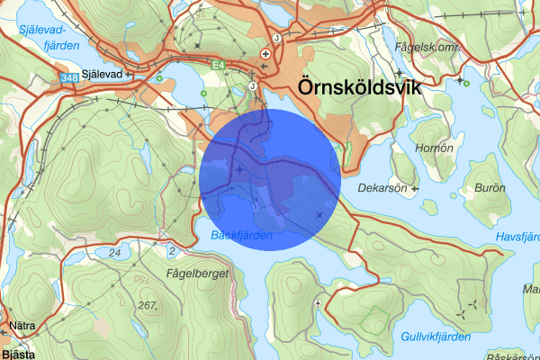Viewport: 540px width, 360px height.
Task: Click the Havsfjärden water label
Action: tap(517, 237)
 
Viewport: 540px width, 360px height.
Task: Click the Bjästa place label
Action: tap(17, 354)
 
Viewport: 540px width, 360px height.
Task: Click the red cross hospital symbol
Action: tap(265, 54)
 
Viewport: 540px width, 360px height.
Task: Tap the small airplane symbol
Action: tap(319, 303)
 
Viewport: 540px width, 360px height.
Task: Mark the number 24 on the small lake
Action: tap(115, 254)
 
